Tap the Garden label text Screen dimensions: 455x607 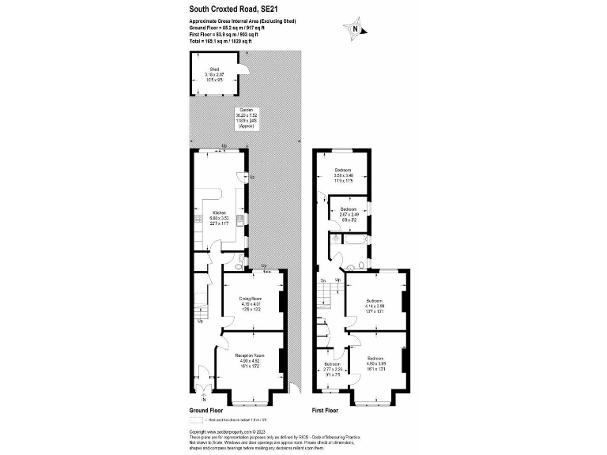point(247,111)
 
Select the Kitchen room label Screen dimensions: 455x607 point(220,213)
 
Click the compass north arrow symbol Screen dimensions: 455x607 point(355,29)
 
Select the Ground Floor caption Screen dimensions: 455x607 point(205,411)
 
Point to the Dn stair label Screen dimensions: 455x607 point(322,280)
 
